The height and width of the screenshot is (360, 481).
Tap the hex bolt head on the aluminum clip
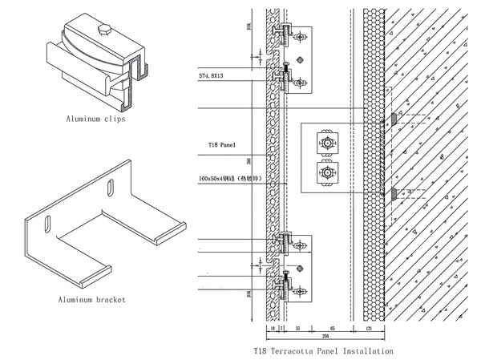click(103, 31)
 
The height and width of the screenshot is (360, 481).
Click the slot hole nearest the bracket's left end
click(49, 221)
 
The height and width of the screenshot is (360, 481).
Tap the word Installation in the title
click(367, 351)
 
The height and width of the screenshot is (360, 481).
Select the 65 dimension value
click(332, 329)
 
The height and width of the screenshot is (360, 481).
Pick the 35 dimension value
click(297, 329)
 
